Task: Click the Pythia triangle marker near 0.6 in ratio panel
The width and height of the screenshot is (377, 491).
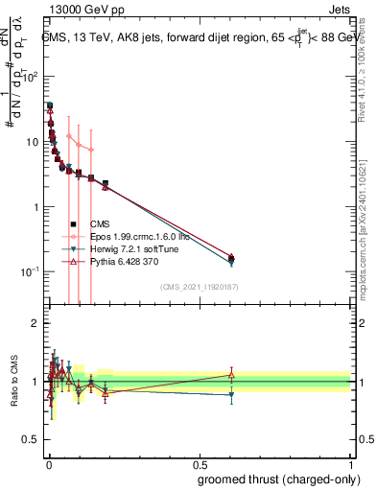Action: [x=230, y=375]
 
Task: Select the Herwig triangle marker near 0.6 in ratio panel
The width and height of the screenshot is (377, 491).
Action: [x=230, y=394]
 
